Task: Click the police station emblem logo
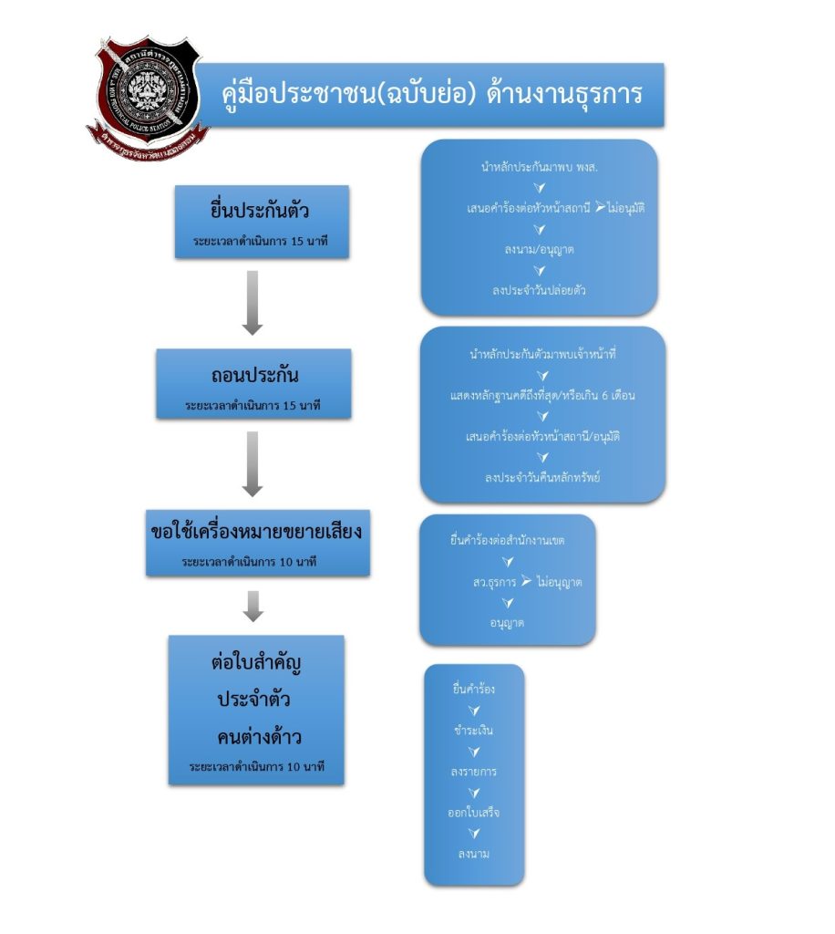[148, 94]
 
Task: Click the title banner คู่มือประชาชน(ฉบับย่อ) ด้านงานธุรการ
[433, 95]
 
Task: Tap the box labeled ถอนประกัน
[253, 384]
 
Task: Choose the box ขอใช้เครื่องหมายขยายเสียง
[257, 543]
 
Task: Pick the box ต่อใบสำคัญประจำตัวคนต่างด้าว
[256, 710]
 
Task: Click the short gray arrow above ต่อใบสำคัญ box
[254, 605]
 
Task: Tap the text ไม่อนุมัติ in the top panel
[626, 208]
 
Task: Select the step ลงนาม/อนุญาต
[539, 248]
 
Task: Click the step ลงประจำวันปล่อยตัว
[540, 289]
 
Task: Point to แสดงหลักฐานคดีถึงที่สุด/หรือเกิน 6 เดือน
[542, 395]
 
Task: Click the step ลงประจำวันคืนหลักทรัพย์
[542, 477]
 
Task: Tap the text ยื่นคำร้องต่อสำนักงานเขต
[508, 541]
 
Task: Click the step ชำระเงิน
[474, 731]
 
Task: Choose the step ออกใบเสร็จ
[474, 812]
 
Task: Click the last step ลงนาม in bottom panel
[474, 854]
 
